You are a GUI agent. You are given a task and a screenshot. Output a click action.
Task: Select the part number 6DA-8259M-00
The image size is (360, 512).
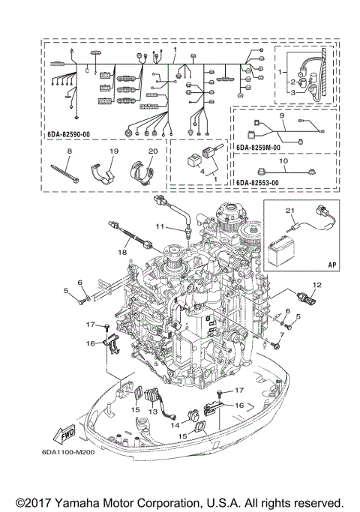tap(259, 148)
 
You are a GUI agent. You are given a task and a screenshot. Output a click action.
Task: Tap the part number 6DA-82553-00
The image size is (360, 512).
tap(259, 182)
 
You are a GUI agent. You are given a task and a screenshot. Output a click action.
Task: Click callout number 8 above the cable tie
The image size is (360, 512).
tap(68, 152)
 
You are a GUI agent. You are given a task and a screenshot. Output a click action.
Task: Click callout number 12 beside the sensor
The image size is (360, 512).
tap(317, 284)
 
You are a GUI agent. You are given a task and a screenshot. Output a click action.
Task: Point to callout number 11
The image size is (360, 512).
tap(160, 226)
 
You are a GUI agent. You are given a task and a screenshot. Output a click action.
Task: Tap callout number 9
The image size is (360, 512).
tap(282, 117)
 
